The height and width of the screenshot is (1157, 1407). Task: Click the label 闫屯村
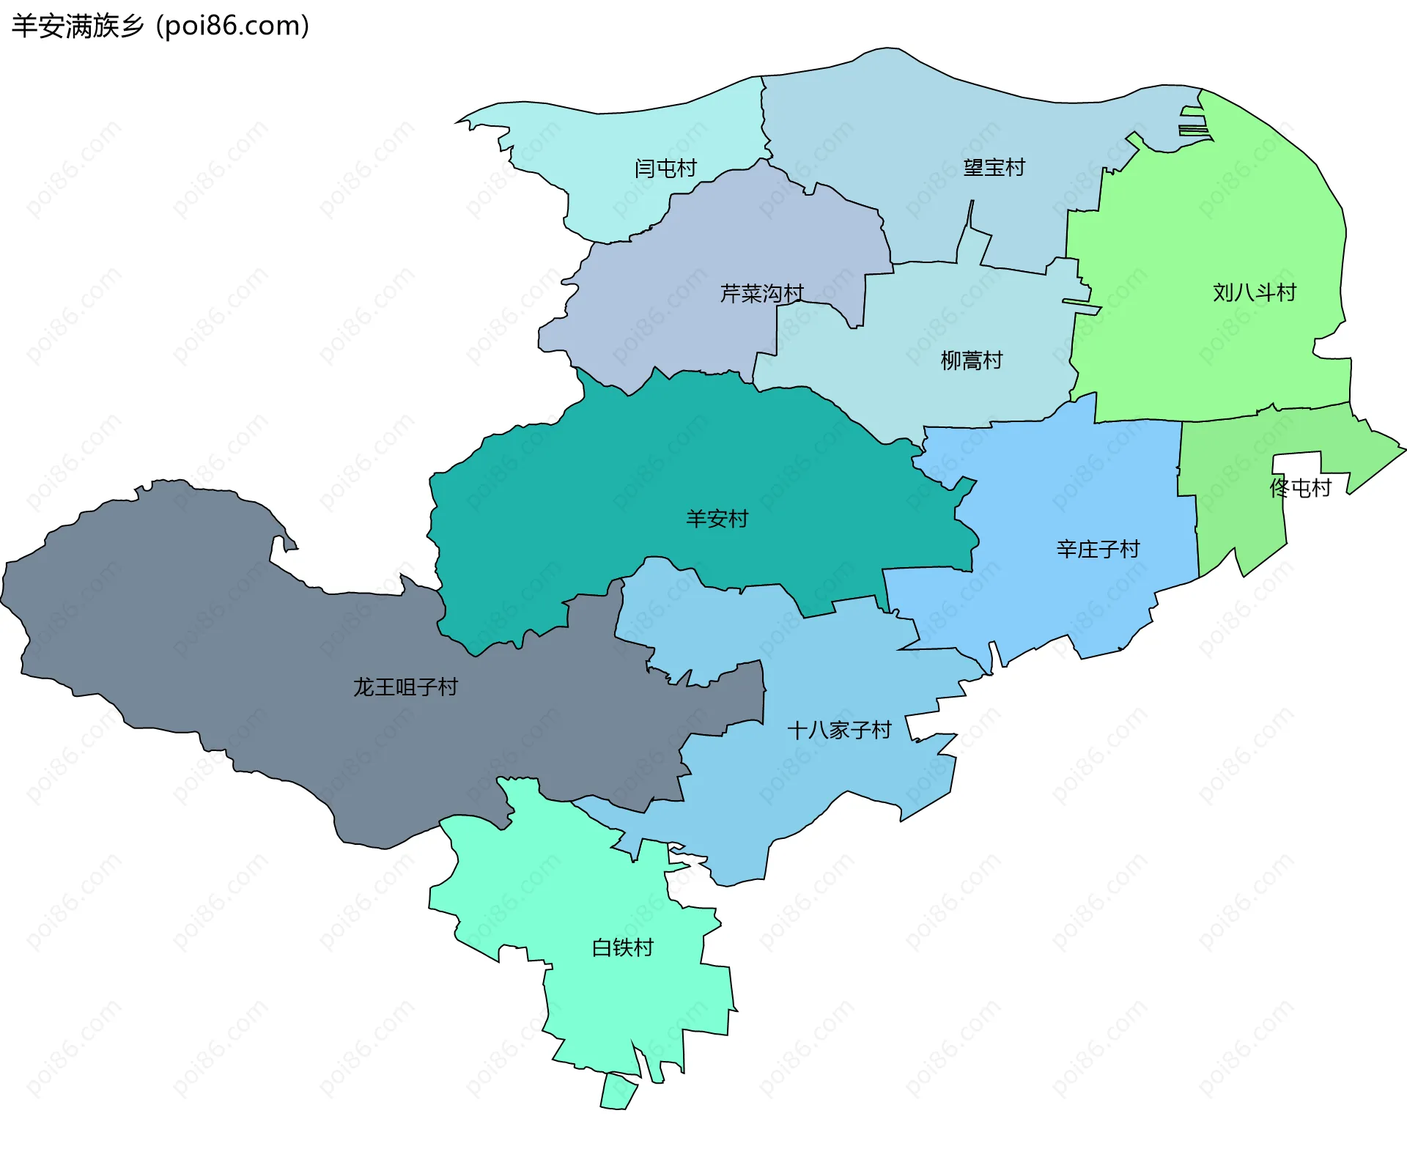tap(665, 169)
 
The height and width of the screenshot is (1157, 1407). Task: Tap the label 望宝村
tap(994, 168)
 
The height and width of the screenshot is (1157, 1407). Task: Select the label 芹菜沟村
tap(762, 294)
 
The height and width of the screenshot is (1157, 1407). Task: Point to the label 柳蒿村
tap(971, 361)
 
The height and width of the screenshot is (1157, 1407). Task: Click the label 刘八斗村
tap(1254, 292)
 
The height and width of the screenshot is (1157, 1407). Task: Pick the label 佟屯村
tap(1300, 488)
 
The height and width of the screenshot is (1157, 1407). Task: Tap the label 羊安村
tap(717, 519)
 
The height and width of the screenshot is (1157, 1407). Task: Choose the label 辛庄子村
tap(1098, 549)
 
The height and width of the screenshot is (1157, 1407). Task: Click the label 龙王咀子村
tap(405, 687)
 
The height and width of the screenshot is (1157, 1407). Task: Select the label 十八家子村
tap(839, 730)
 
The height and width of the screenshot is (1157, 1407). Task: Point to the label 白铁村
tap(622, 947)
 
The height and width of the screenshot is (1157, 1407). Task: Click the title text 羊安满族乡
tap(78, 26)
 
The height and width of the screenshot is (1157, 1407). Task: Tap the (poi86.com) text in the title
tap(233, 26)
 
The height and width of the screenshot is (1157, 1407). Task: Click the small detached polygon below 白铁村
tap(618, 1091)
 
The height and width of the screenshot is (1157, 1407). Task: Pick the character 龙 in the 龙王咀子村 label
tap(363, 687)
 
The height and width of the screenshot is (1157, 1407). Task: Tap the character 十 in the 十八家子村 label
tap(797, 730)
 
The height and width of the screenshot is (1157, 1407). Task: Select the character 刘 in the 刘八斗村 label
tap(1223, 292)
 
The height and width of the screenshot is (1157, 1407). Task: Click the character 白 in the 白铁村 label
tap(602, 947)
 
